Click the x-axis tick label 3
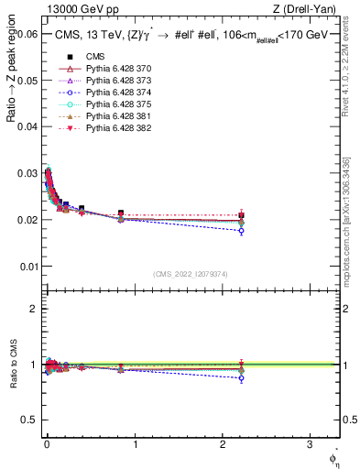pos(310,446)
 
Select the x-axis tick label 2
pos(222,446)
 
